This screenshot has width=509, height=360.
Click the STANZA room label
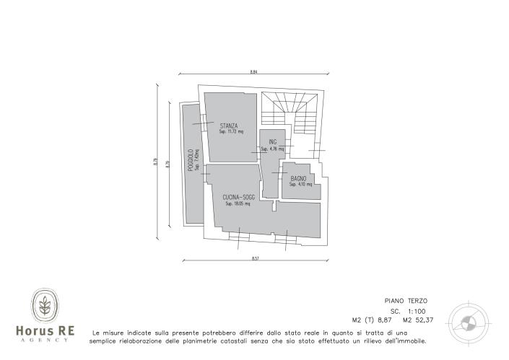[229, 126]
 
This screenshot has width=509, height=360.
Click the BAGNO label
[299, 178]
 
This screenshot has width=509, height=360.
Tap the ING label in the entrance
[272, 142]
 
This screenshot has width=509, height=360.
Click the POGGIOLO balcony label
[190, 160]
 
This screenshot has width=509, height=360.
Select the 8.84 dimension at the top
[253, 71]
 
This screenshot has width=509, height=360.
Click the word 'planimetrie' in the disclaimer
[204, 341]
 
